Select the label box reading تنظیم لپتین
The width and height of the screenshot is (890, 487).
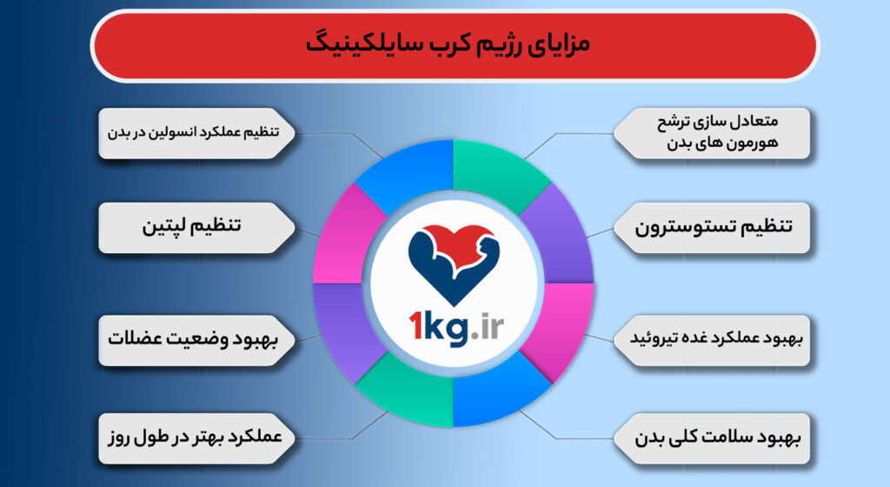coord(191,227)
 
